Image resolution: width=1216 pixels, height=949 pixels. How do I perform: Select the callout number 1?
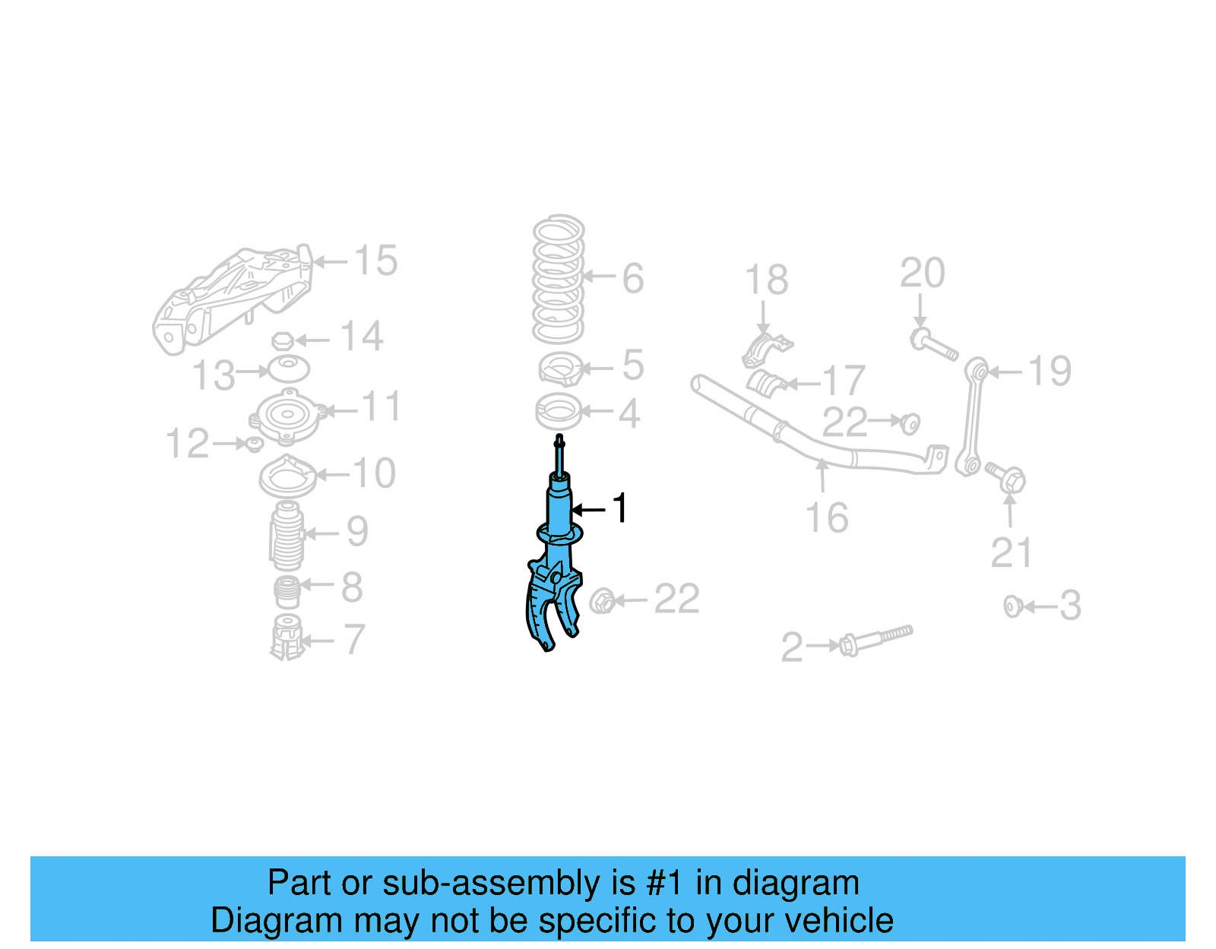point(620,508)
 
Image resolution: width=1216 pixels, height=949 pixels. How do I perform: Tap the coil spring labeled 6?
point(559,279)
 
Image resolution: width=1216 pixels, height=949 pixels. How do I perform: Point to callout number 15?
point(375,261)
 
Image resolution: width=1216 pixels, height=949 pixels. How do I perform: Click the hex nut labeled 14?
point(282,340)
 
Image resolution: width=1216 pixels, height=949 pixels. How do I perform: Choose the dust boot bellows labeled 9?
point(287,537)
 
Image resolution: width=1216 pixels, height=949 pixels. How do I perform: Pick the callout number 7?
point(354,640)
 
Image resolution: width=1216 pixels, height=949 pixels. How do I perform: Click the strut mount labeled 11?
point(288,416)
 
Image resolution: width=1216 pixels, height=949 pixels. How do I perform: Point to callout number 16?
point(826,518)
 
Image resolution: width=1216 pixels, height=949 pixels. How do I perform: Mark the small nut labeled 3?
point(1012,606)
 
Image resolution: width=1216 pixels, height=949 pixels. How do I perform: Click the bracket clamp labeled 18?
point(766,350)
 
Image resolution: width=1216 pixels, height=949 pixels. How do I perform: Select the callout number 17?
point(844,380)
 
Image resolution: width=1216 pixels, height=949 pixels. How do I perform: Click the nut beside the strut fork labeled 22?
point(602,601)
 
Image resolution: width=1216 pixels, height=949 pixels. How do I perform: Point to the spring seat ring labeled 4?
point(559,413)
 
